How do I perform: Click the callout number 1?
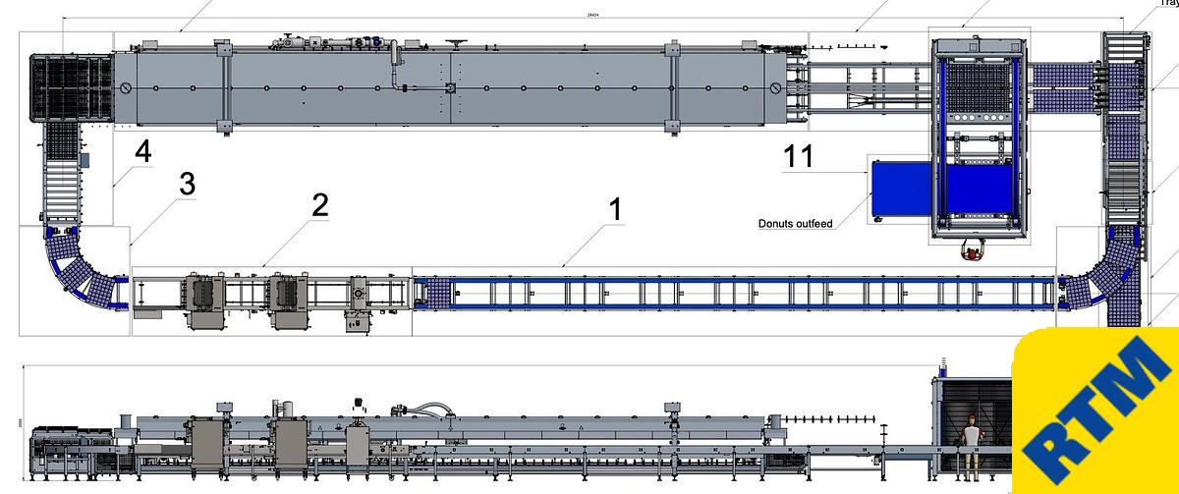coord(615,209)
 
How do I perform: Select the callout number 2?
coord(319,204)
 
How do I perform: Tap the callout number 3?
coord(188,183)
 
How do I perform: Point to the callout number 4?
coord(143,152)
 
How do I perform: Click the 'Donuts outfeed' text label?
coord(795,224)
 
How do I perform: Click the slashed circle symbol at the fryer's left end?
coord(126,88)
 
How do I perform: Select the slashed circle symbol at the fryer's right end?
coord(775,88)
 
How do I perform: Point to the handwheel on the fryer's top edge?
coord(457,42)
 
